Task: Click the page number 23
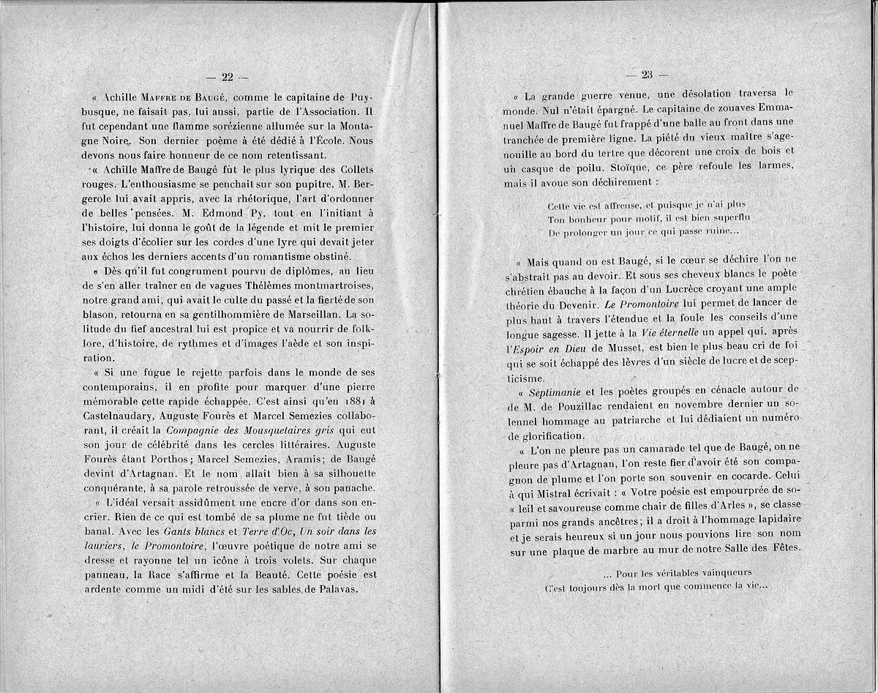pos(647,74)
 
